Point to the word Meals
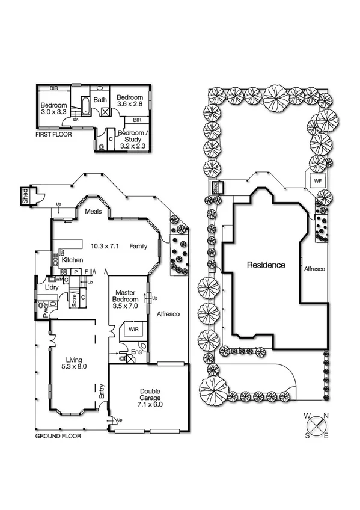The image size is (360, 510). [x=93, y=211]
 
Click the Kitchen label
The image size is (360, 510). [x=72, y=260]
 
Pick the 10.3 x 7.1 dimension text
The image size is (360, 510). [x=105, y=246]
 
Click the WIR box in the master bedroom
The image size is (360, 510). [x=132, y=330]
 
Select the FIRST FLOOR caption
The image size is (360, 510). [x=53, y=135]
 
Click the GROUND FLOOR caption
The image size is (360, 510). [x=58, y=435]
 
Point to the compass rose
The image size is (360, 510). [x=316, y=426]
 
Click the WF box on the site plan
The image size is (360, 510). [x=317, y=180]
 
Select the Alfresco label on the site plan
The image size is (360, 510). [x=314, y=269]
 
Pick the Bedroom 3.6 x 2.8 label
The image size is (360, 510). [x=130, y=101]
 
